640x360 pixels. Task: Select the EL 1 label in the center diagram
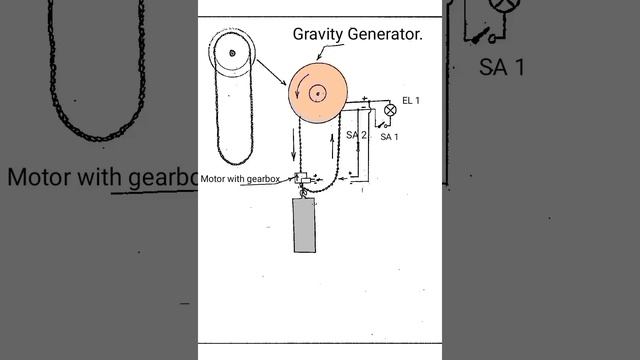[412, 101]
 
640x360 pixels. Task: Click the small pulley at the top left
[232, 53]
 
